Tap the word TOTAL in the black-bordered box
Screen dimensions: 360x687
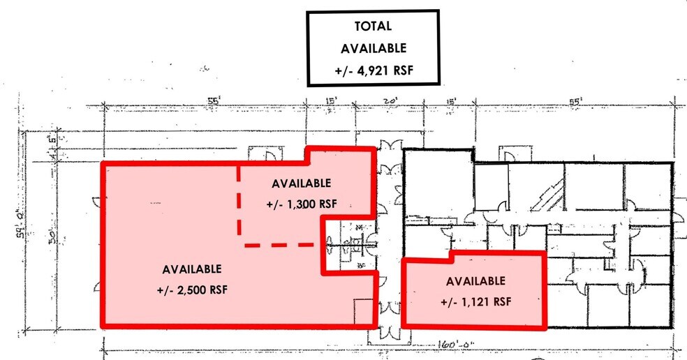[x=374, y=27]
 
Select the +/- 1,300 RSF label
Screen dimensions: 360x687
[x=301, y=205]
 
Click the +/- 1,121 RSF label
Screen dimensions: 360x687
[x=475, y=302]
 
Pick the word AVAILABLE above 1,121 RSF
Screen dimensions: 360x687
[x=475, y=281]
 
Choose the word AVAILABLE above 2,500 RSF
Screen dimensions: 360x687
[x=192, y=269]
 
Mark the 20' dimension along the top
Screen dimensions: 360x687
[x=390, y=102]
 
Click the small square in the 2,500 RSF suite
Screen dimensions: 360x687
[x=364, y=311]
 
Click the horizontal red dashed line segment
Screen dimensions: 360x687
[x=278, y=245]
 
